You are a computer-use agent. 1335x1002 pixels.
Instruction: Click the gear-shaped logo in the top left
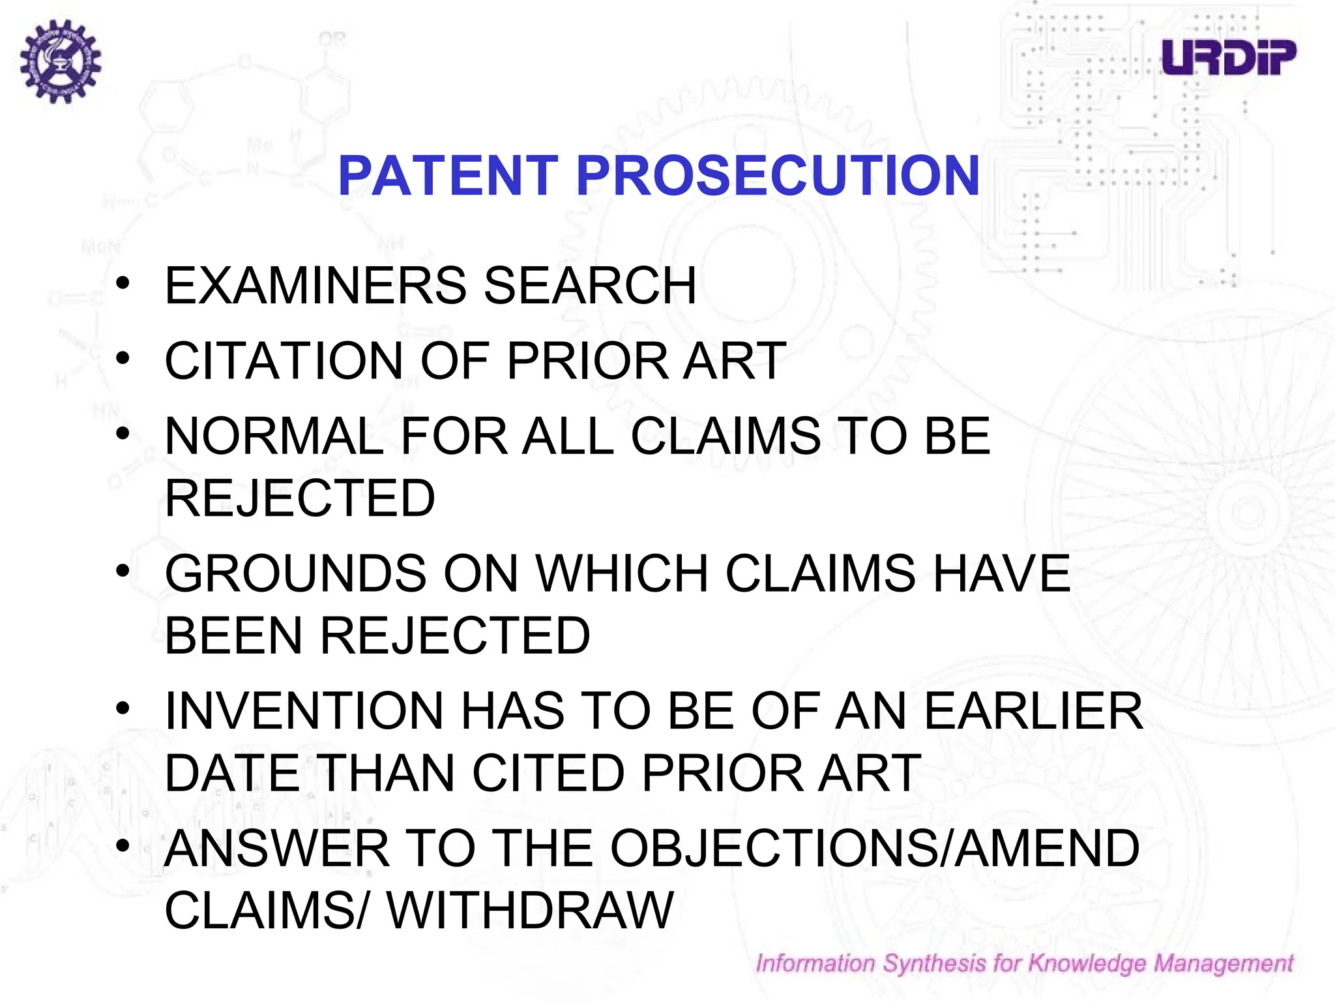61,61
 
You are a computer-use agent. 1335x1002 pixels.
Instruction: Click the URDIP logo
1229,57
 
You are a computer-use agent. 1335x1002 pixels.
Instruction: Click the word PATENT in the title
448,175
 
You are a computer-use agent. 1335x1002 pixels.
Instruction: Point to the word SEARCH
590,286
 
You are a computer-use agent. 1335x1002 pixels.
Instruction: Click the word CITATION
284,361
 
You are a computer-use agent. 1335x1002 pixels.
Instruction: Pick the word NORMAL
274,436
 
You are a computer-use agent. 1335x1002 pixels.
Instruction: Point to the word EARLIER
1033,711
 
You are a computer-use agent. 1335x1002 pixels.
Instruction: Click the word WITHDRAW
530,911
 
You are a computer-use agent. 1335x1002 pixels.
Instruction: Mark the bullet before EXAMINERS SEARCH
123,283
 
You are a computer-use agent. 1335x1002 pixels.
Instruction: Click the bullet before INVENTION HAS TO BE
123,708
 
